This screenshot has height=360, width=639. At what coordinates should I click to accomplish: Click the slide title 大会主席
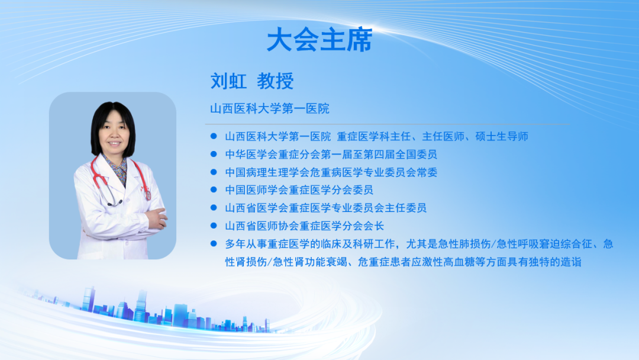(x=319, y=40)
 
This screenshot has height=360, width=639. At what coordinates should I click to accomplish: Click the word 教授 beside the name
(x=276, y=81)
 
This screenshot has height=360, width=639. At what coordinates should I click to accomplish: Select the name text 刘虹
(x=228, y=81)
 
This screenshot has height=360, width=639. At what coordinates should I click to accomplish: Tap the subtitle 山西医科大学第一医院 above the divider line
(x=269, y=108)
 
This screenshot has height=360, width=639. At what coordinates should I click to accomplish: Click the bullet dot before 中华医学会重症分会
(x=214, y=154)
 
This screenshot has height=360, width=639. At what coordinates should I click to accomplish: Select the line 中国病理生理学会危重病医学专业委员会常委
(x=331, y=172)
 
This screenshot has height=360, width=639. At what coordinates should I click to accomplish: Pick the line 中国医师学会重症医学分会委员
(x=299, y=190)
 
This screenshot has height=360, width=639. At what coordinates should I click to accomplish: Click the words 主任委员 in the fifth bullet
(x=405, y=208)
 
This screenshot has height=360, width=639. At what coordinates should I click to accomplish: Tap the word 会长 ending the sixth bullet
(x=373, y=226)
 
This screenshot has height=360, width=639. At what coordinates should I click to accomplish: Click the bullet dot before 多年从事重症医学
(x=214, y=244)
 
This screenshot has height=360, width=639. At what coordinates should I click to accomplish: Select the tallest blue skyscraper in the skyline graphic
(x=141, y=306)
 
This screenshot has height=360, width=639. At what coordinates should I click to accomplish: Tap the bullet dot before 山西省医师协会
(x=214, y=226)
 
